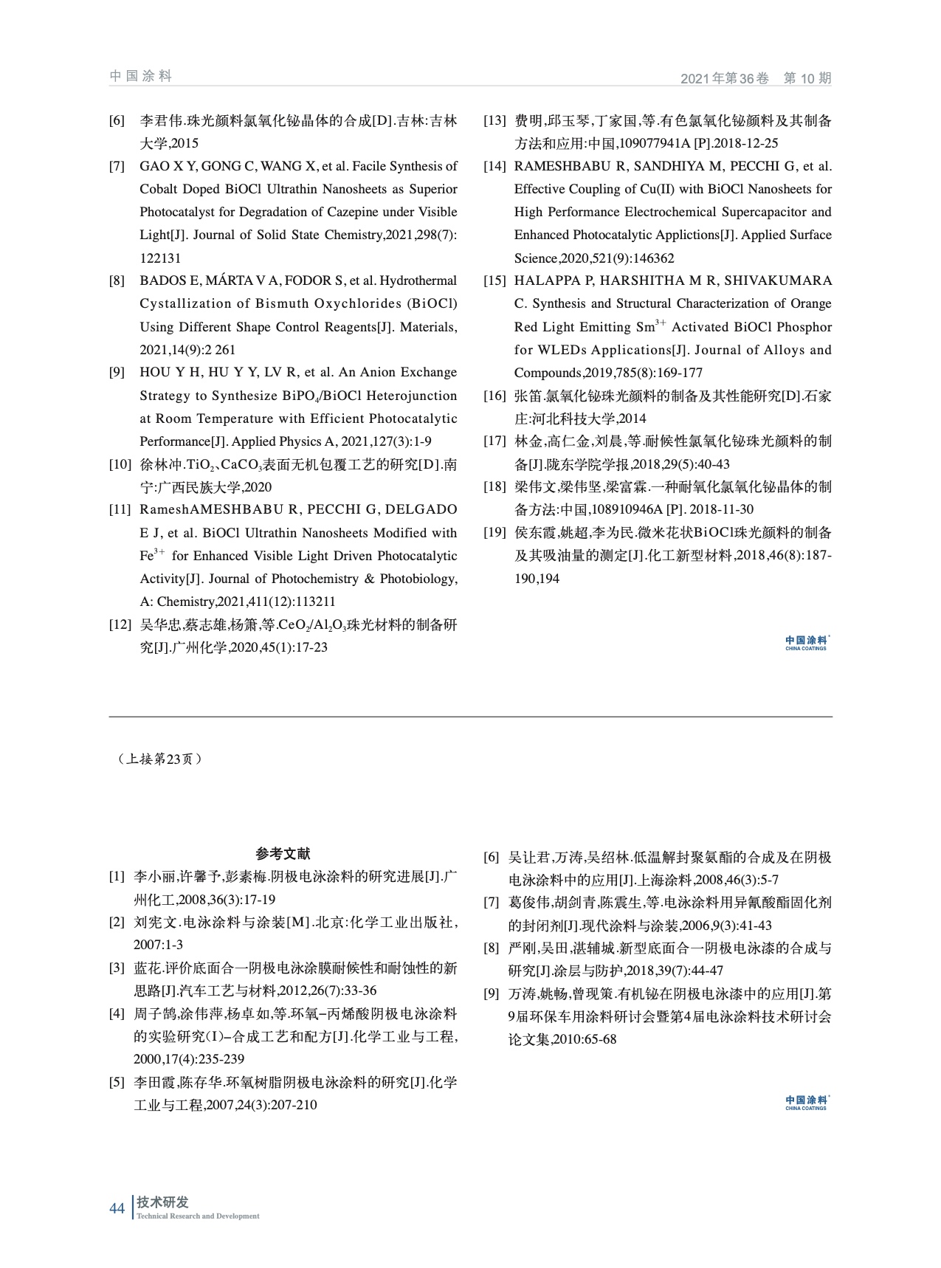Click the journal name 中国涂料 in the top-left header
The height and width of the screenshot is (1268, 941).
pyautogui.click(x=140, y=76)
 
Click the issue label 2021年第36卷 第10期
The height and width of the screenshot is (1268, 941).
pyautogui.click(x=755, y=78)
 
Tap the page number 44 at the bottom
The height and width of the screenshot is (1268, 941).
pyautogui.click(x=117, y=1208)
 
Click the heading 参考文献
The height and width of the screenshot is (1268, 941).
pyautogui.click(x=283, y=854)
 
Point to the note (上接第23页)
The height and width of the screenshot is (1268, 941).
pyautogui.click(x=159, y=759)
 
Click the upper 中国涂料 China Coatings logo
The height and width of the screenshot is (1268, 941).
pyautogui.click(x=806, y=643)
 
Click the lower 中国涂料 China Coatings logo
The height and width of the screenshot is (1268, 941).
pyautogui.click(x=806, y=1103)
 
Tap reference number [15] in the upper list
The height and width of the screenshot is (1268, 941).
pyautogui.click(x=494, y=280)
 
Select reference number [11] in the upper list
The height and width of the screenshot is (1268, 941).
pyautogui.click(x=120, y=509)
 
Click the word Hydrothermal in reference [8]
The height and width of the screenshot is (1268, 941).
pyautogui.click(x=418, y=280)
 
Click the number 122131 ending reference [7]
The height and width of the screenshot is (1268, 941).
pyautogui.click(x=160, y=258)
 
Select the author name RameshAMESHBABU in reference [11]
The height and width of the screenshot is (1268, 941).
pyautogui.click(x=191, y=509)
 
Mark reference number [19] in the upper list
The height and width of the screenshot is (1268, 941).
pyautogui.click(x=494, y=532)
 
